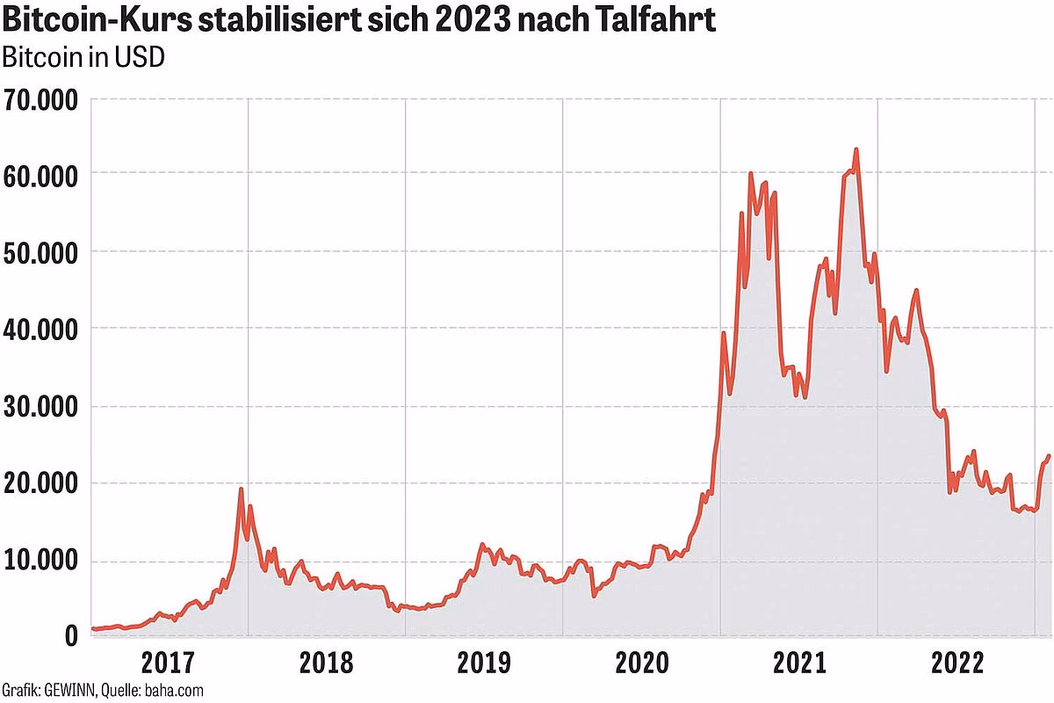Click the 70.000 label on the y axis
coord(40,101)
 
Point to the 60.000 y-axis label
coord(40,176)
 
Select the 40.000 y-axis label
coord(40,330)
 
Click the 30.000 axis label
coord(40,408)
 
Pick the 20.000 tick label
coord(40,485)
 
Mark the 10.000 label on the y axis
coord(40,562)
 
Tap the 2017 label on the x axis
coord(168,662)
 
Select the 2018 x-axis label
coord(326,662)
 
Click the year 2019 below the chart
coord(484,662)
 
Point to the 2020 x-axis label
coord(641,662)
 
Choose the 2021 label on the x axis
coord(799,662)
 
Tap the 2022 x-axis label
coord(957,662)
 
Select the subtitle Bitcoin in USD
coord(84,58)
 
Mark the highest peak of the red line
coord(855,150)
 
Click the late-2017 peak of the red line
coord(241,489)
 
